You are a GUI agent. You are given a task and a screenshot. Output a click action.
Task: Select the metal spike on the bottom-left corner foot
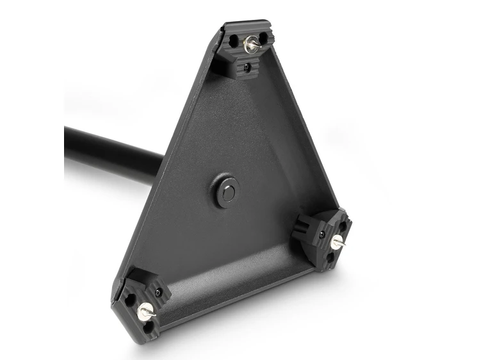[145, 313]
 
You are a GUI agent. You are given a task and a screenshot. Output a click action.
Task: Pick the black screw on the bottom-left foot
[158, 293]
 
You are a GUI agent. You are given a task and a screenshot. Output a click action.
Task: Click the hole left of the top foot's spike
[234, 44]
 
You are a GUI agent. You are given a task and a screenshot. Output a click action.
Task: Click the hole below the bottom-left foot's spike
[149, 327]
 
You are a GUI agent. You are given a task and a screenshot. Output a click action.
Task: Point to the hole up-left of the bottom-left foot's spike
[131, 299]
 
